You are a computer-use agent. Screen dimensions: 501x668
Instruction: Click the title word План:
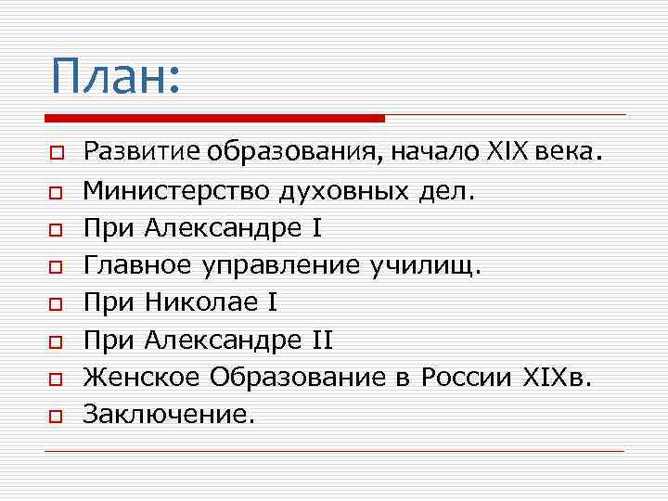[114, 76]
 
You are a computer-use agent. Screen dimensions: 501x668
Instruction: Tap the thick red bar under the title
[214, 118]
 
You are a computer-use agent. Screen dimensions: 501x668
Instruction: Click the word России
[465, 378]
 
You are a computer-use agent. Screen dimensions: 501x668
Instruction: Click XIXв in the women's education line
[553, 378]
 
